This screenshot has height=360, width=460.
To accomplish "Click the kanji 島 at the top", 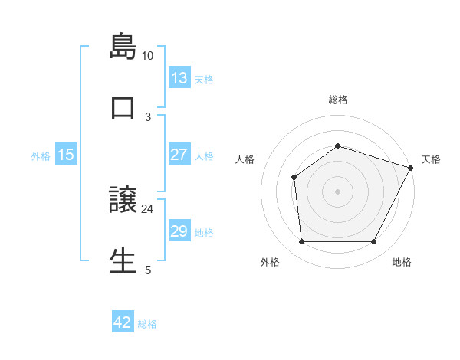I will coord(123,46).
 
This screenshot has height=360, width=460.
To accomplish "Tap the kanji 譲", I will coord(123,200).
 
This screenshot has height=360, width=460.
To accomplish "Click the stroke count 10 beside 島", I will coord(148,56).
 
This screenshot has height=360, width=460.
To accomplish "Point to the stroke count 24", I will coord(148,208).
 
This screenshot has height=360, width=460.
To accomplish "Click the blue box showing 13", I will coord(179,78).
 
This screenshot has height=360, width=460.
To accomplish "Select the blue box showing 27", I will coord(179,155).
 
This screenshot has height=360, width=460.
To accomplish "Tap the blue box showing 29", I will coord(179,231).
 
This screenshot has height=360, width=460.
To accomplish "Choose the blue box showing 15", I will coord(66,155).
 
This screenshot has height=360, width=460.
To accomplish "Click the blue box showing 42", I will coord(123,322).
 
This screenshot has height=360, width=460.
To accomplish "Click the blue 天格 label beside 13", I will coord(204,80).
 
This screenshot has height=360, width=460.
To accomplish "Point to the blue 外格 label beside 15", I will coord(41,156).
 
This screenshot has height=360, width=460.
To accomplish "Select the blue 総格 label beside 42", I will coord(147,324).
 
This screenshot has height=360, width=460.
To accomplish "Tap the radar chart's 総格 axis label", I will coord(338,100).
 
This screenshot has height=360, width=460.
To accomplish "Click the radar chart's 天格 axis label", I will coord(432,159).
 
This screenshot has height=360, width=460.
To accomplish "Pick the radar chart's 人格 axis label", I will coord(245,159).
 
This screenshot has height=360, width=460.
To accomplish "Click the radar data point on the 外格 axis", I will coord(301,242).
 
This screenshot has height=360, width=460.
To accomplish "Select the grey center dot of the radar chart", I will coord(338,191).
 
